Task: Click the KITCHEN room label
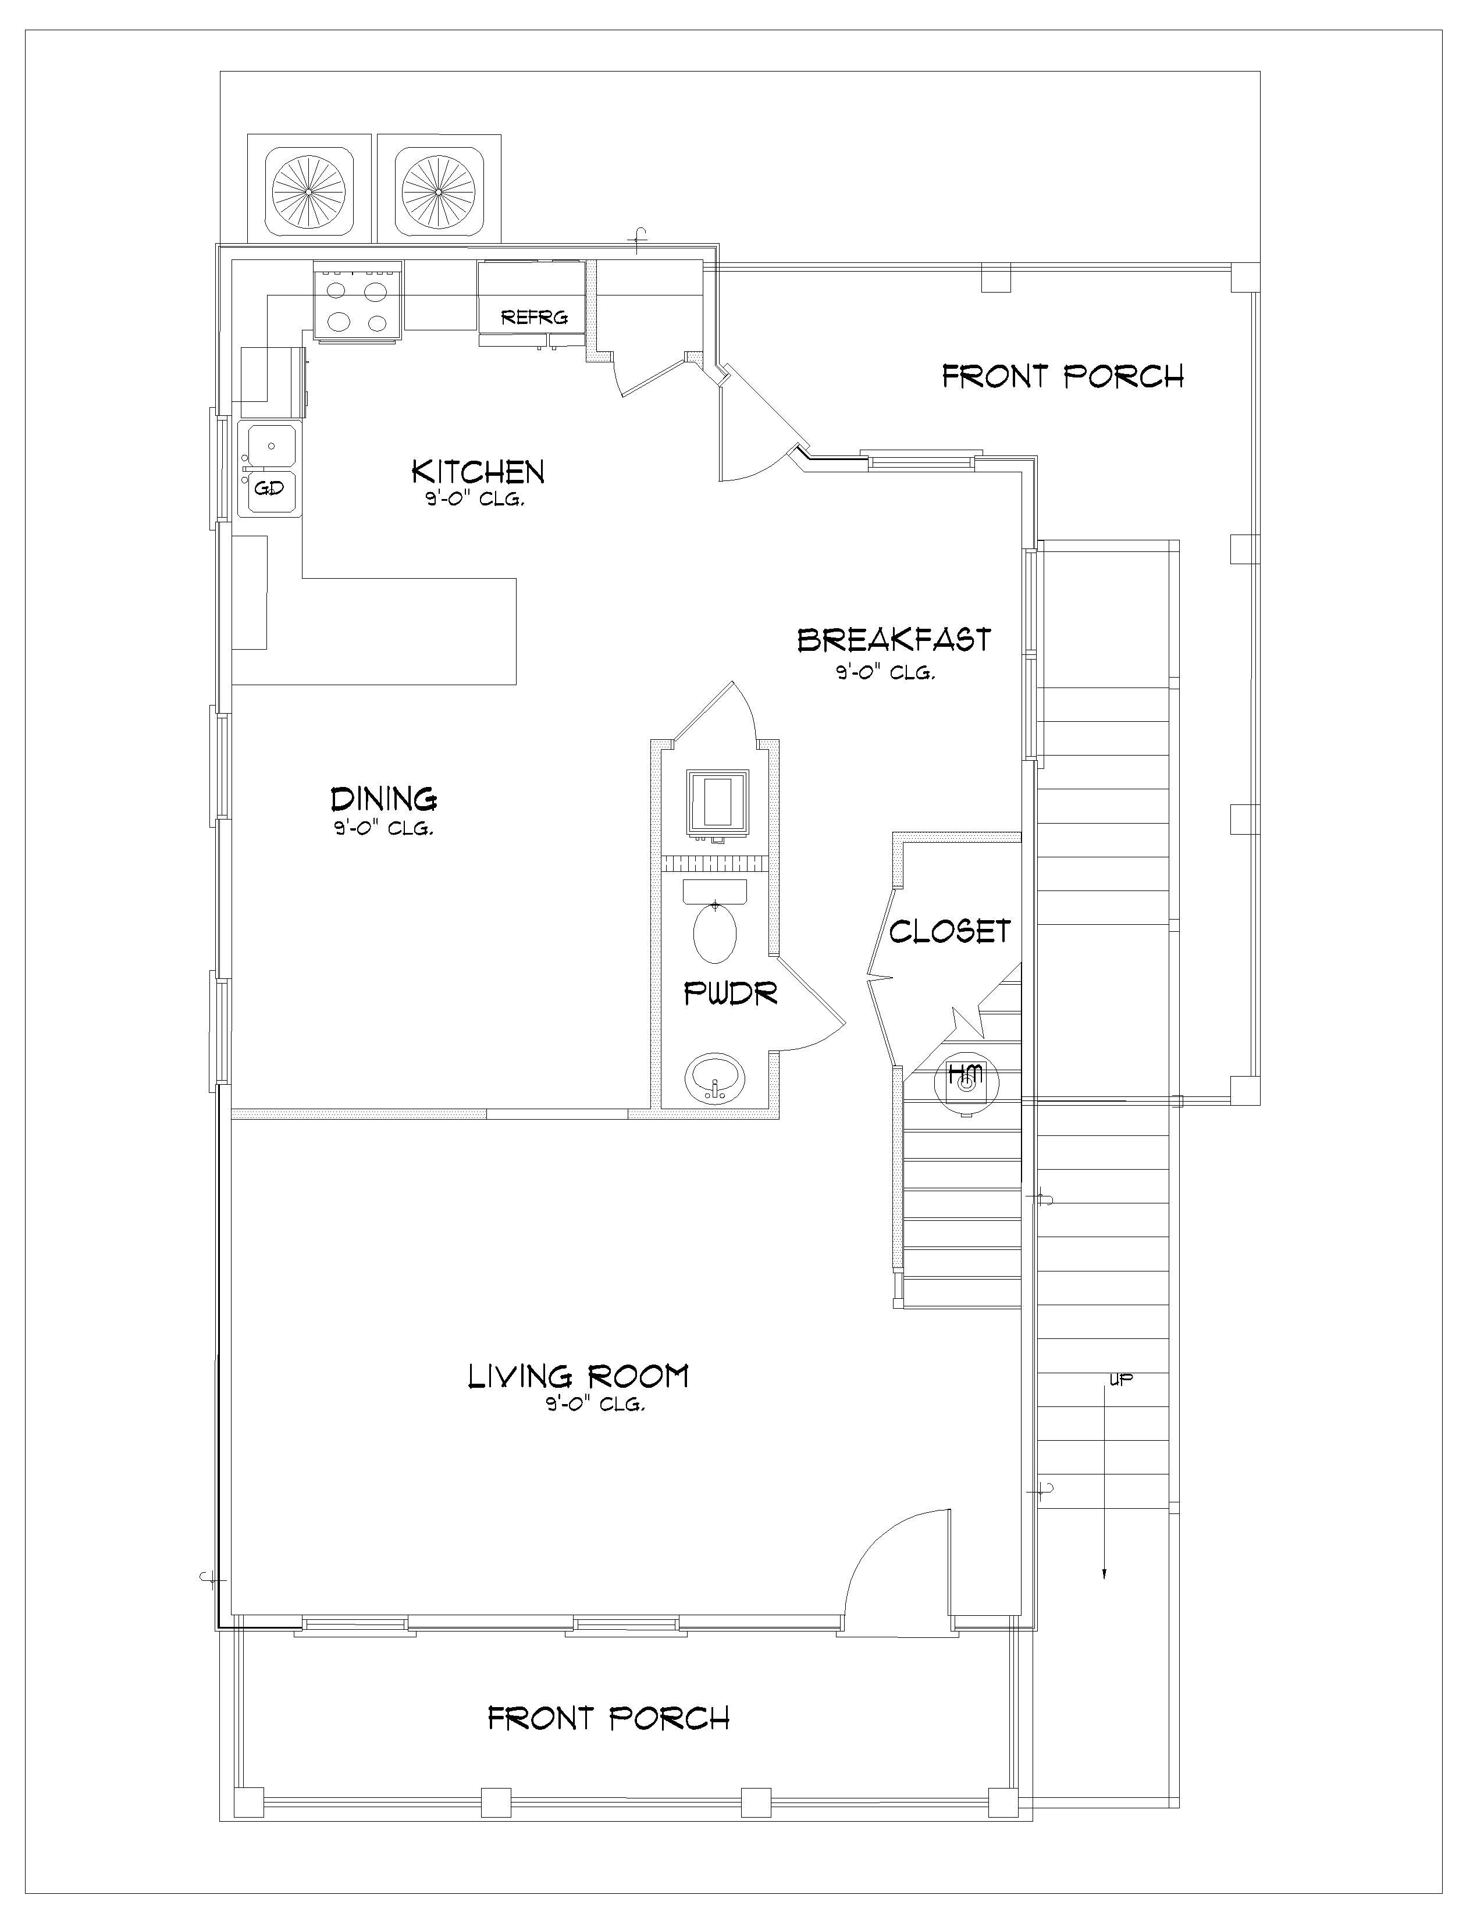pos(478,472)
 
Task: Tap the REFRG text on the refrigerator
pos(533,318)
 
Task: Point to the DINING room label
pos(383,799)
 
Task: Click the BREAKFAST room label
pos(894,640)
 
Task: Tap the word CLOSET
pos(949,932)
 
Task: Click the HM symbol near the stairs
pos(966,1074)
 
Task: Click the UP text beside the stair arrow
pos(1121,1379)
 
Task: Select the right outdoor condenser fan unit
pos(439,190)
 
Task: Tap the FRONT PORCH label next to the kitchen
pos(1063,377)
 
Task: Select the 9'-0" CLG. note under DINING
pos(383,828)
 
